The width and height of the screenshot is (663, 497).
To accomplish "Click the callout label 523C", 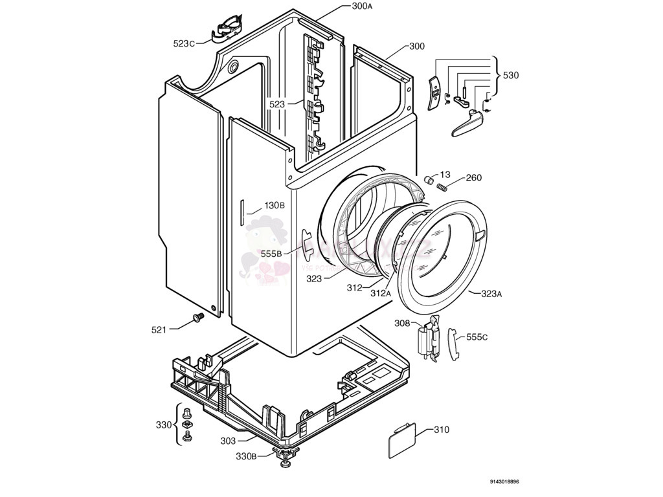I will pos(184,43).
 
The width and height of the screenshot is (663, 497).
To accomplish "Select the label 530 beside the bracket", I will pos(511,75).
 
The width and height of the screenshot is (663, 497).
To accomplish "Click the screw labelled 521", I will pos(197,317).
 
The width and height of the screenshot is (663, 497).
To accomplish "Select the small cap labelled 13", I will pos(428,179).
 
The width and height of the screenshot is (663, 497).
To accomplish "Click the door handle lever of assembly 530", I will pos(465,122).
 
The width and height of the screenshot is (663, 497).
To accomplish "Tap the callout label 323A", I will pos(491,294).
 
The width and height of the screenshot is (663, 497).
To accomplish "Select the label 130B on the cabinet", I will pos(274,206).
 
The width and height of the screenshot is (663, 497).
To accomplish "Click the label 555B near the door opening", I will pos(271,254).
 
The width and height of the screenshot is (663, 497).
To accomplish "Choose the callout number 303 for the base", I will pos(228,441).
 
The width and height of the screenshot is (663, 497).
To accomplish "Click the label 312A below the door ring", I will pos(381,293).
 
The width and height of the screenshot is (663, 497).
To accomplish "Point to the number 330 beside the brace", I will pos(164,425).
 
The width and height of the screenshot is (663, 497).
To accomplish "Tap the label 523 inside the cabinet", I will pos(277,104).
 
